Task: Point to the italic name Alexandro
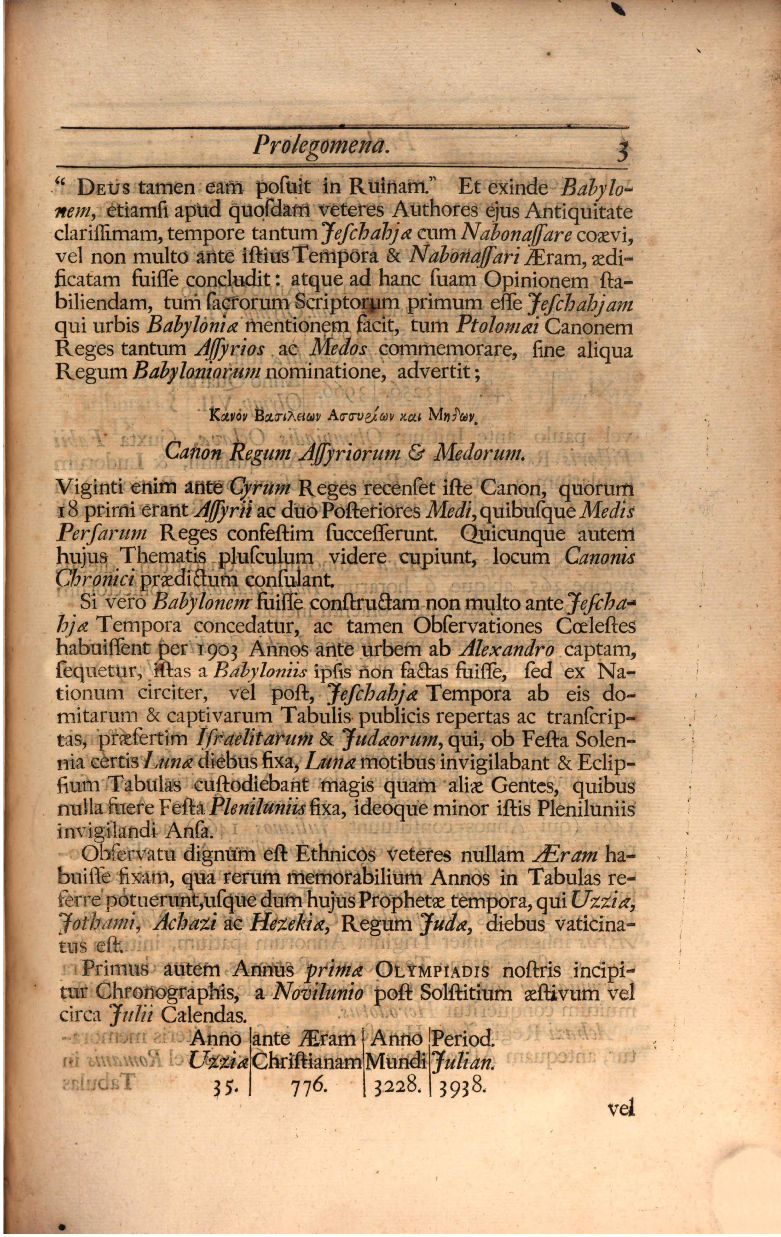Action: point(507,650)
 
